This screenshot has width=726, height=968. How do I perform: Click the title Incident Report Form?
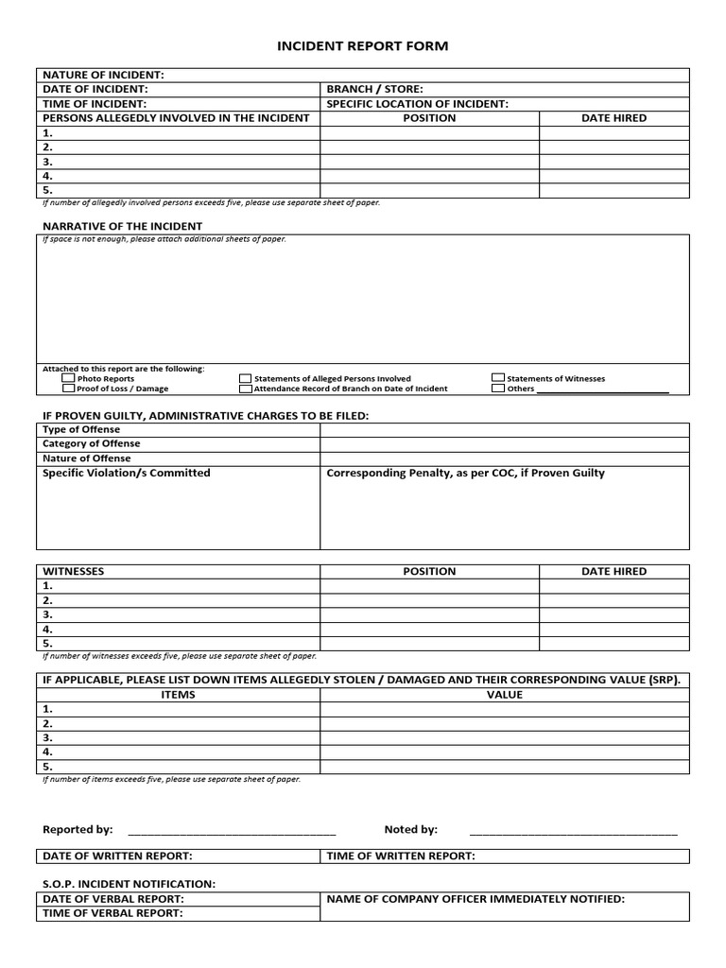363,45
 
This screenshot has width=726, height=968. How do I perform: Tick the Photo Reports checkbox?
68,378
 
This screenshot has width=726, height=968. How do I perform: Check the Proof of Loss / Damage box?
68,388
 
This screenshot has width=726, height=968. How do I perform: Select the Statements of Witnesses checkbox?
498,378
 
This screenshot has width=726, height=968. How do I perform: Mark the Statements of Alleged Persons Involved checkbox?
246,378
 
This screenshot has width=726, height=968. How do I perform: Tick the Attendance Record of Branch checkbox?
246,388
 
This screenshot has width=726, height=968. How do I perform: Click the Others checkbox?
498,388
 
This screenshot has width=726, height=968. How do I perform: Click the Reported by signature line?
232,831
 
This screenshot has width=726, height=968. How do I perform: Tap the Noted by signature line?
573,831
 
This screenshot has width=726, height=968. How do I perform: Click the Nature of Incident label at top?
103,75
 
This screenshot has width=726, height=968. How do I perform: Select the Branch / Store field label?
374,89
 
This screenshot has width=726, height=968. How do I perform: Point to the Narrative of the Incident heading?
122,226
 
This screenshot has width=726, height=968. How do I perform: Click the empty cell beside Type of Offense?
504,430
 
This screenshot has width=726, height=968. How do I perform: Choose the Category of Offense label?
91,443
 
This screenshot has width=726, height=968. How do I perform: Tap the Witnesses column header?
74,571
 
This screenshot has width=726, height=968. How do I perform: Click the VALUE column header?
504,694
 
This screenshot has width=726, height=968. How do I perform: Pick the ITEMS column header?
179,694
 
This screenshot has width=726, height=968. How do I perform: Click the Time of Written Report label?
401,856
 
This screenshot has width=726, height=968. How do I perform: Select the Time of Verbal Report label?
112,913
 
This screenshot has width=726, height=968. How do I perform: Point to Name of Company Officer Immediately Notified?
475,899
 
